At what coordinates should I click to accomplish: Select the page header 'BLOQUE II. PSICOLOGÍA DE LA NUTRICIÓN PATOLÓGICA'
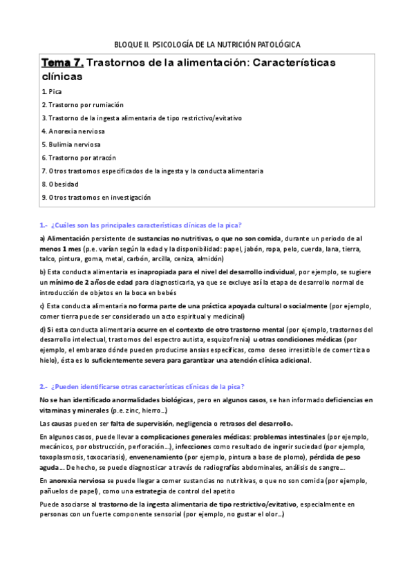point(207,44)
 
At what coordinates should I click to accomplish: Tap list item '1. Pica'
point(52,91)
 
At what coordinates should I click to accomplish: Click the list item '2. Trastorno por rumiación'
point(82,104)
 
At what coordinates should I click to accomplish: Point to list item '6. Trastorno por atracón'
point(77,158)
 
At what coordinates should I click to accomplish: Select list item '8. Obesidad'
point(59,184)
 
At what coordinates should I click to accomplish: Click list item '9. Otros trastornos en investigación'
point(95,197)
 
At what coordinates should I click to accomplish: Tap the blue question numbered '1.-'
point(146,225)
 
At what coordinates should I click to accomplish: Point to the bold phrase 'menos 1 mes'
point(59,248)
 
